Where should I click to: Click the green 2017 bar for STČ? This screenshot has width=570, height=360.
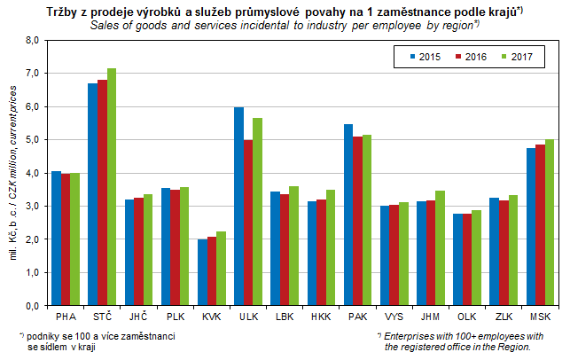click(x=112, y=187)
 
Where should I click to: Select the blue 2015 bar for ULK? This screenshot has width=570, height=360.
click(x=238, y=207)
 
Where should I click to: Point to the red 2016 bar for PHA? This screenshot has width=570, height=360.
click(x=66, y=239)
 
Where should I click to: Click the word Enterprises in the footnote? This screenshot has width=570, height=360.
click(x=413, y=336)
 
